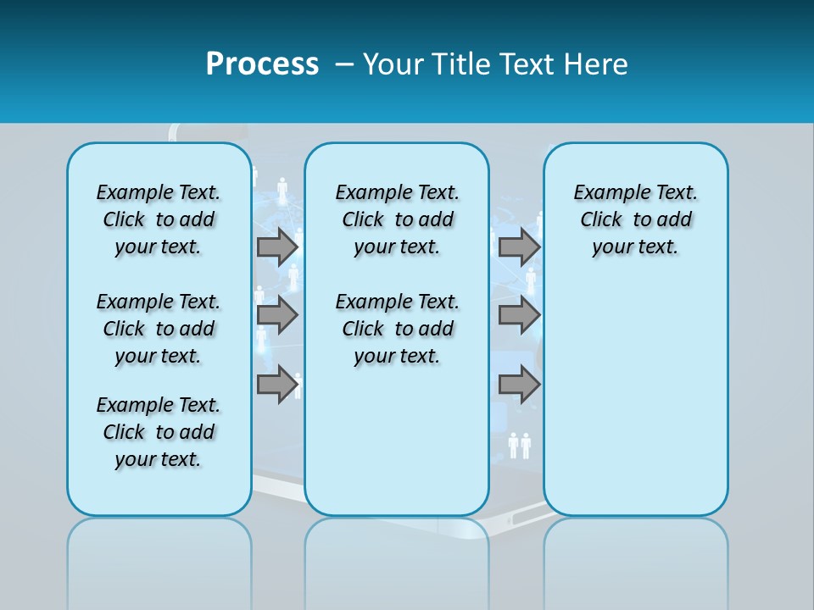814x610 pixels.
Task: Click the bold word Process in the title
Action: click(x=262, y=64)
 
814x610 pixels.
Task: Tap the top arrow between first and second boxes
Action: click(x=276, y=247)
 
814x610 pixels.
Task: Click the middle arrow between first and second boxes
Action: click(x=276, y=315)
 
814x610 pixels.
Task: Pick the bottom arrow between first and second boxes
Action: click(x=276, y=385)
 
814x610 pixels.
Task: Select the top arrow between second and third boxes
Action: click(x=518, y=247)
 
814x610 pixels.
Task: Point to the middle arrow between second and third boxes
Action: click(x=518, y=315)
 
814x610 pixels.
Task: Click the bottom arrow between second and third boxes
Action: click(x=518, y=385)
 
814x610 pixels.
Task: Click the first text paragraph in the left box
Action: click(x=159, y=219)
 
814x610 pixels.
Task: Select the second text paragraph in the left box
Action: click(x=159, y=329)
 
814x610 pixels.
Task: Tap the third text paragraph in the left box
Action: click(x=159, y=432)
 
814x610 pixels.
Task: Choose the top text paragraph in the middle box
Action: click(x=397, y=219)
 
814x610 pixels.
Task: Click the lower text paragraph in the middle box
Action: click(x=397, y=329)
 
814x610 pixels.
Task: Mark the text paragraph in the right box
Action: click(x=635, y=219)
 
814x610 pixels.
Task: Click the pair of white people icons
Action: click(x=519, y=445)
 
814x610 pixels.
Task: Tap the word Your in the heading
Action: click(x=394, y=64)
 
